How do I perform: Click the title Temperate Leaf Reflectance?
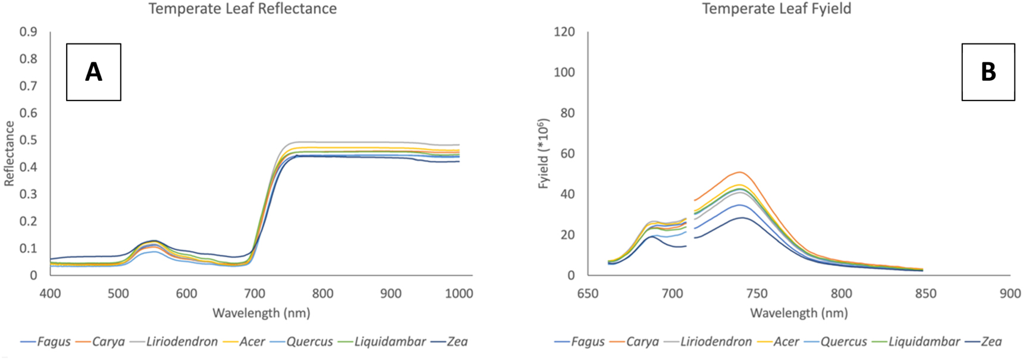pos(243,9)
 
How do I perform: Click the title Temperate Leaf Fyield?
pos(776,9)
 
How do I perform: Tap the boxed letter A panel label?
pos(93,72)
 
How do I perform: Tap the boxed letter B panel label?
pos(988,72)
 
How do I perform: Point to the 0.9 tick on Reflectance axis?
pos(29,32)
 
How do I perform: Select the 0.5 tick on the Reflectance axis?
pos(29,140)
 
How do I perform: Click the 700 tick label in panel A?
pos(255,293)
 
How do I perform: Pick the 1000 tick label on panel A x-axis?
pos(459,293)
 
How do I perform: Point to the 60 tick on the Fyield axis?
pos(568,154)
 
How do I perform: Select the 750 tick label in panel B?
pos(757,293)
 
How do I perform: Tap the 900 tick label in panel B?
pos(1010,293)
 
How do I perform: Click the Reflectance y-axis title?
pos(10,154)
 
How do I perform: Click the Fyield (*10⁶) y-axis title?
pos(543,154)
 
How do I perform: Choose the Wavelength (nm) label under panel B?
pos(799,313)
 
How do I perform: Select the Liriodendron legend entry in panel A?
pos(181,342)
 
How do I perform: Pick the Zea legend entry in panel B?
pos(991,342)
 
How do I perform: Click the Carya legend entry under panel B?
pos(642,342)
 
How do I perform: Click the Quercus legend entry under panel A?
pos(309,342)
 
